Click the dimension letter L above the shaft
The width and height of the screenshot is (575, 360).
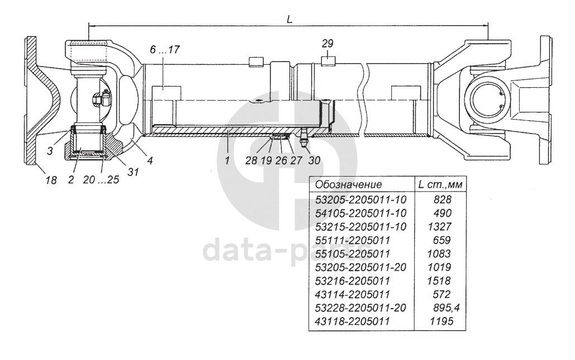coord(289,19)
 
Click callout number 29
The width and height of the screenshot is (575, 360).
coord(327,43)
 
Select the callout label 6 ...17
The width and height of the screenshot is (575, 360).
coord(165,50)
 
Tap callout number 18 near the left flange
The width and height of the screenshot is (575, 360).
coord(51,180)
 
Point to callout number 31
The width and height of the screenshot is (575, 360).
coord(133,172)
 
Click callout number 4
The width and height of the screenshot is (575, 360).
coord(150,160)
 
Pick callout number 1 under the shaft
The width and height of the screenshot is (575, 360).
coord(227,160)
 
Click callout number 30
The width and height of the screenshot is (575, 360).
coord(314,160)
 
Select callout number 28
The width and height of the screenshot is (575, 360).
coord(251,160)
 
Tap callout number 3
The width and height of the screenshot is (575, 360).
coord(50,151)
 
